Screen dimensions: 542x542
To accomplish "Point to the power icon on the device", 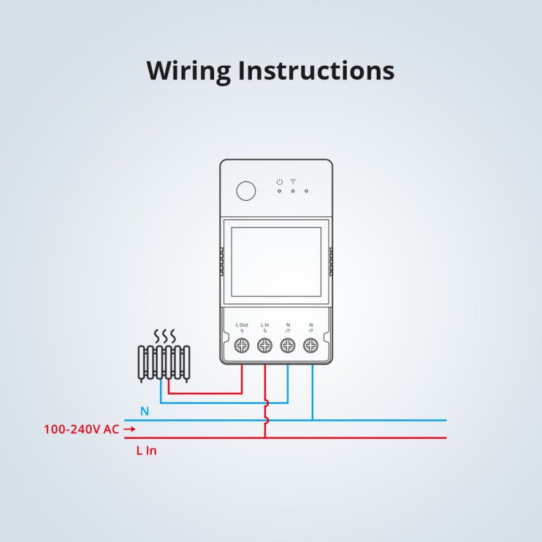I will (279, 182).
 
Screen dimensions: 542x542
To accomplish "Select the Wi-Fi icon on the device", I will (293, 182).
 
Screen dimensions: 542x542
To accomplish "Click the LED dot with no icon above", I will (307, 191).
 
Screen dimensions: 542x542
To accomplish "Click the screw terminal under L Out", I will (242, 346).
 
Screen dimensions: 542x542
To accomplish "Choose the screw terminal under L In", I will (265, 346).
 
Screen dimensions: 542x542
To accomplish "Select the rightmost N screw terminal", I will (311, 346).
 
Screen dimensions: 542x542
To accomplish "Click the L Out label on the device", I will (242, 326).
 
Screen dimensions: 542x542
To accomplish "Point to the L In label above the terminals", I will (265, 326).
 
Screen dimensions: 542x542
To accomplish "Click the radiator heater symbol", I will (163, 364).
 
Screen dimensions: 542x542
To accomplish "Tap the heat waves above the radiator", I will (164, 336).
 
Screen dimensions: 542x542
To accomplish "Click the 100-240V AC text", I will (81, 429).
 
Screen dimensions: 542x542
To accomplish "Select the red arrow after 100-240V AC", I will (129, 429).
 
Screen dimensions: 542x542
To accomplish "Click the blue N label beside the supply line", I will (144, 411).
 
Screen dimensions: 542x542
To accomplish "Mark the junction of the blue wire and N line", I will (312, 420).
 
